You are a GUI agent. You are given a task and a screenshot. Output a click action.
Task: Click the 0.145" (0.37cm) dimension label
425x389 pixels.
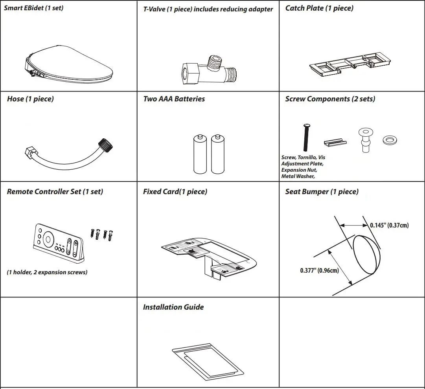(389, 225)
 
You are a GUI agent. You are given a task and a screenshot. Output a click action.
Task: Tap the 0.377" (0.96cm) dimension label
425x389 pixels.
(319, 270)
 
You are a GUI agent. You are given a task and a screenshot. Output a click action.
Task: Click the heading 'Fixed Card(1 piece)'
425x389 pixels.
(175, 192)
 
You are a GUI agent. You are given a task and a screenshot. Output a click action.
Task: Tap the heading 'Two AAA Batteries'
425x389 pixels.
(174, 99)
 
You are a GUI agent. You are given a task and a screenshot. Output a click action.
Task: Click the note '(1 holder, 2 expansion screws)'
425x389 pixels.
(47, 272)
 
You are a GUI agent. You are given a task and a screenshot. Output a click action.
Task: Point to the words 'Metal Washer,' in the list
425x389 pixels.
(298, 176)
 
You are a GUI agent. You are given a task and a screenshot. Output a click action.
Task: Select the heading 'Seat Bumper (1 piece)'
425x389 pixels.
(322, 192)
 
